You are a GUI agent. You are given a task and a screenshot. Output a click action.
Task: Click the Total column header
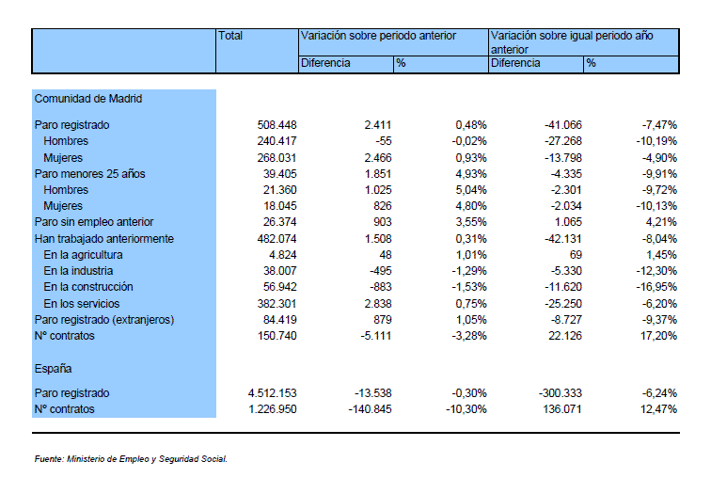230,36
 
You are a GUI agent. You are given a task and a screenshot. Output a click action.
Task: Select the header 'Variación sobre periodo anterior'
378,36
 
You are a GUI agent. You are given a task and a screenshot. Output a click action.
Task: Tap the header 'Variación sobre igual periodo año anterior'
572,42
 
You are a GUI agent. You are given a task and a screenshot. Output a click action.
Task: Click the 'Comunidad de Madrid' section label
88,99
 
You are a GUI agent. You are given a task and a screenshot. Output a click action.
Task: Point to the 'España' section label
53,368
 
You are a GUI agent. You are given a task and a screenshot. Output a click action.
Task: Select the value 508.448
276,125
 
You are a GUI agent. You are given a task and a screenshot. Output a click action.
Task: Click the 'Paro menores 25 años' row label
89,174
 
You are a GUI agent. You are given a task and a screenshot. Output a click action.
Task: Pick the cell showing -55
383,141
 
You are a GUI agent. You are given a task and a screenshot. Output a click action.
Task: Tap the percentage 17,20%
658,336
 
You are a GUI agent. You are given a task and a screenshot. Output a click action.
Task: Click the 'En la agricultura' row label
83,255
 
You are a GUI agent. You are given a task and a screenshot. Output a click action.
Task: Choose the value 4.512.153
272,392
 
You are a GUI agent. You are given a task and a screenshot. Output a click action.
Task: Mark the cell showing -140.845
370,409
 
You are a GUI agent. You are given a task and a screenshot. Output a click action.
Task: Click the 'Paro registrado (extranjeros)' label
104,320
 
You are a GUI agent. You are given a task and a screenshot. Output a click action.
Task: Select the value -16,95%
656,287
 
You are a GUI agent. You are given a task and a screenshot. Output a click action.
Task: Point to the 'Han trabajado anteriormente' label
103,239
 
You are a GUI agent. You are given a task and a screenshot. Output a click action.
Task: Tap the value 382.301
276,303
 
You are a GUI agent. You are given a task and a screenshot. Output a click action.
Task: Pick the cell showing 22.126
565,336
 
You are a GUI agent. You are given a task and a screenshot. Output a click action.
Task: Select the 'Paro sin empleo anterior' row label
94,222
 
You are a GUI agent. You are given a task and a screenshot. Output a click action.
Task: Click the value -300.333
560,392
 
